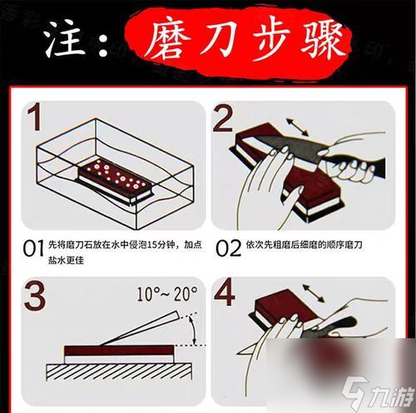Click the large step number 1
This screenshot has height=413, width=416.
[33, 122]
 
